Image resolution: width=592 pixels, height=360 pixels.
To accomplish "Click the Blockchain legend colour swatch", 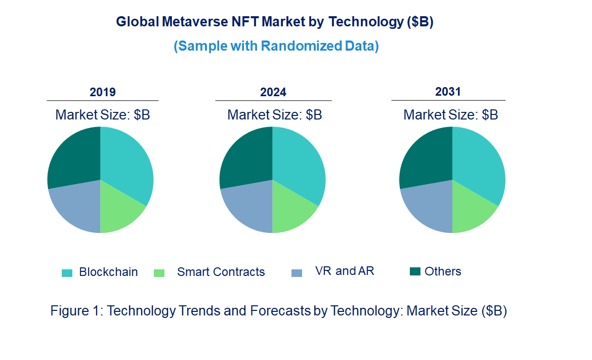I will coord(67,273).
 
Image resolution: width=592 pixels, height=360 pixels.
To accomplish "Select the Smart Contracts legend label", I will coord(221,272).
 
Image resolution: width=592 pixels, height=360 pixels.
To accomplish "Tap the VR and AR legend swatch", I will coord(297,273).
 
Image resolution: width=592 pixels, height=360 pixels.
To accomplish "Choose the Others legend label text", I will coord(443,271).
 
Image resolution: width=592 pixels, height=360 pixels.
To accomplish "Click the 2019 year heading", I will coord(103,92).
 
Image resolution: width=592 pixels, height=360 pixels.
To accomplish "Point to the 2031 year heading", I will coord(448,92).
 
